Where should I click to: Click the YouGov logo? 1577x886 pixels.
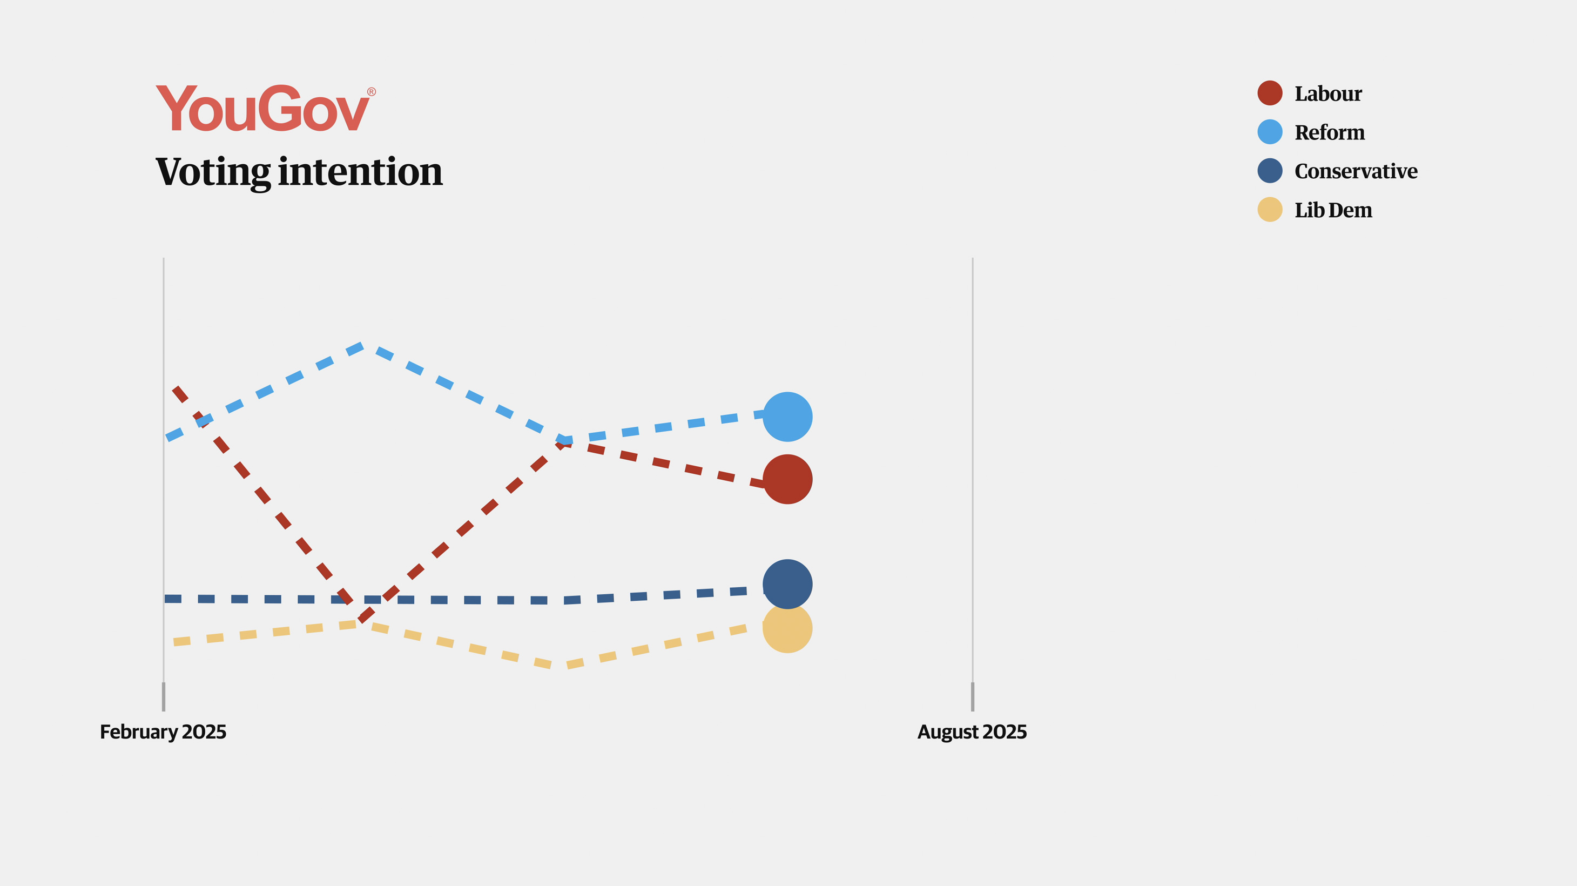tap(263, 109)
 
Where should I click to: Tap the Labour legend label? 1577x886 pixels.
tap(1328, 93)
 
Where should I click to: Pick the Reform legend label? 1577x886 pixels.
tap(1329, 132)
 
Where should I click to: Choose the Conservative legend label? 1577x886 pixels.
tap(1356, 171)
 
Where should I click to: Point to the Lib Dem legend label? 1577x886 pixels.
tap(1333, 210)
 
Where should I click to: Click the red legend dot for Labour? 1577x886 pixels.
tap(1270, 93)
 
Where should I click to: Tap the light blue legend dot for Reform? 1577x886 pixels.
tap(1270, 132)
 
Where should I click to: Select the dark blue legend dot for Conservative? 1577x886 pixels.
tap(1270, 171)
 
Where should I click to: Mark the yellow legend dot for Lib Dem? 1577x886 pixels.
tap(1270, 210)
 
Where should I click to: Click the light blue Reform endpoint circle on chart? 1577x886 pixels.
tap(787, 417)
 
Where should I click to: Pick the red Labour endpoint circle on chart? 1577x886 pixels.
tap(787, 479)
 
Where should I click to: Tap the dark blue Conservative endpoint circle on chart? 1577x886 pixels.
tap(787, 583)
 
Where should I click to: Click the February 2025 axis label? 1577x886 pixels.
tap(163, 731)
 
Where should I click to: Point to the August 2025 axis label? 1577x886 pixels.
tap(972, 731)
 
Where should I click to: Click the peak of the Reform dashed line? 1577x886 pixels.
tap(362, 346)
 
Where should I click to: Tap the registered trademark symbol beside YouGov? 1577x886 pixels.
tap(371, 92)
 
